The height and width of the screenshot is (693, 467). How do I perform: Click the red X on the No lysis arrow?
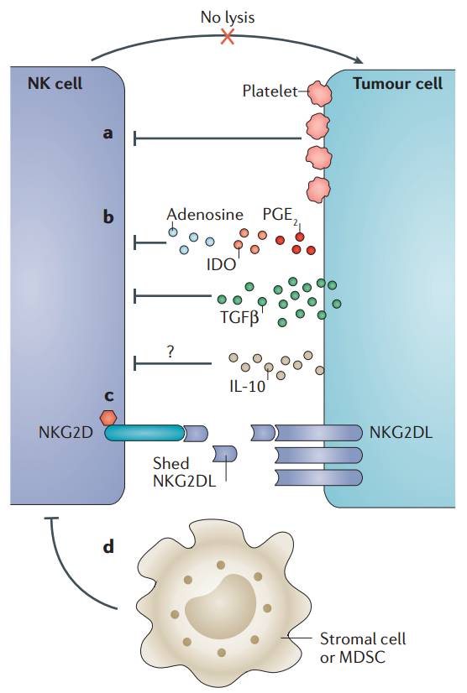[228, 37]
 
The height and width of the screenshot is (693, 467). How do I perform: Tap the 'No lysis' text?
[228, 18]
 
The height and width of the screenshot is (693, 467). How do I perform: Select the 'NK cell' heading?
[55, 83]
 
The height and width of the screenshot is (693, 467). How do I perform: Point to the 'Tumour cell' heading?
[397, 83]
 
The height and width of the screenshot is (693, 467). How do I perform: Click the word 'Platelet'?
[270, 91]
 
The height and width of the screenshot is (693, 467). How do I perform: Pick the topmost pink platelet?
[318, 93]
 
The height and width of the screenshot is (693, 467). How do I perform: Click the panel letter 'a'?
[108, 133]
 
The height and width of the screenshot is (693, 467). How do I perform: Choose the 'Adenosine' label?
[205, 214]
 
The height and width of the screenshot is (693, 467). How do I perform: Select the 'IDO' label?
[222, 264]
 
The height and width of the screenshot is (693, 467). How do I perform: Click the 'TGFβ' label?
[239, 317]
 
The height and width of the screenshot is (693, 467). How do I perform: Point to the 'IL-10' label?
[248, 386]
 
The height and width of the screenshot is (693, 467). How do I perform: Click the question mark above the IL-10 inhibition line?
[171, 352]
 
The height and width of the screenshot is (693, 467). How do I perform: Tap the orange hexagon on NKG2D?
[108, 417]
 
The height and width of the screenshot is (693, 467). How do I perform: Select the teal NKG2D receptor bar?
[144, 433]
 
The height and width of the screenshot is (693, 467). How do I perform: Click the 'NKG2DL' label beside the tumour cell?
[401, 432]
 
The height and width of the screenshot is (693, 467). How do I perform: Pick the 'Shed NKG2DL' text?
[184, 472]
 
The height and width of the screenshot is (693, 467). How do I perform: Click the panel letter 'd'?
[108, 547]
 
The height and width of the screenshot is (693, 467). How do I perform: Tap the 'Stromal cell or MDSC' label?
[363, 648]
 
